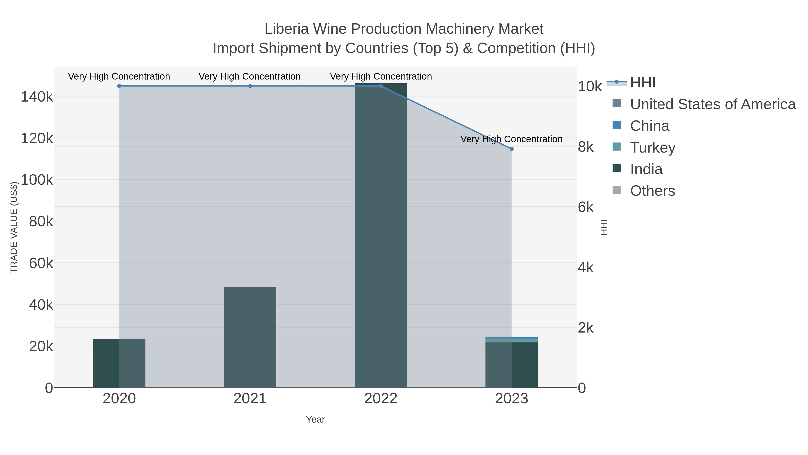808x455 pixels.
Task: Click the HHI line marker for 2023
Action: click(x=512, y=149)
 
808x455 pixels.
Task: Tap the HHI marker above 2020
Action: click(x=119, y=86)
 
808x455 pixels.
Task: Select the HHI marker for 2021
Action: click(x=250, y=86)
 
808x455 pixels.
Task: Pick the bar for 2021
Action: click(x=250, y=337)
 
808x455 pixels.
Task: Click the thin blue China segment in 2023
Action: click(x=512, y=338)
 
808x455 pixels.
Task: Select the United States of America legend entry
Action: click(x=712, y=104)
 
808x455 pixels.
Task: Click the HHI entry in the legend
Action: click(x=642, y=83)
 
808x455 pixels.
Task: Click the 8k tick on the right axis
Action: click(x=586, y=147)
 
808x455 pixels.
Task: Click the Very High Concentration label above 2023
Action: click(x=511, y=139)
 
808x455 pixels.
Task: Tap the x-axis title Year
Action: click(x=315, y=419)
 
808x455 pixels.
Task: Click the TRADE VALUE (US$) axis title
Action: click(x=14, y=227)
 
